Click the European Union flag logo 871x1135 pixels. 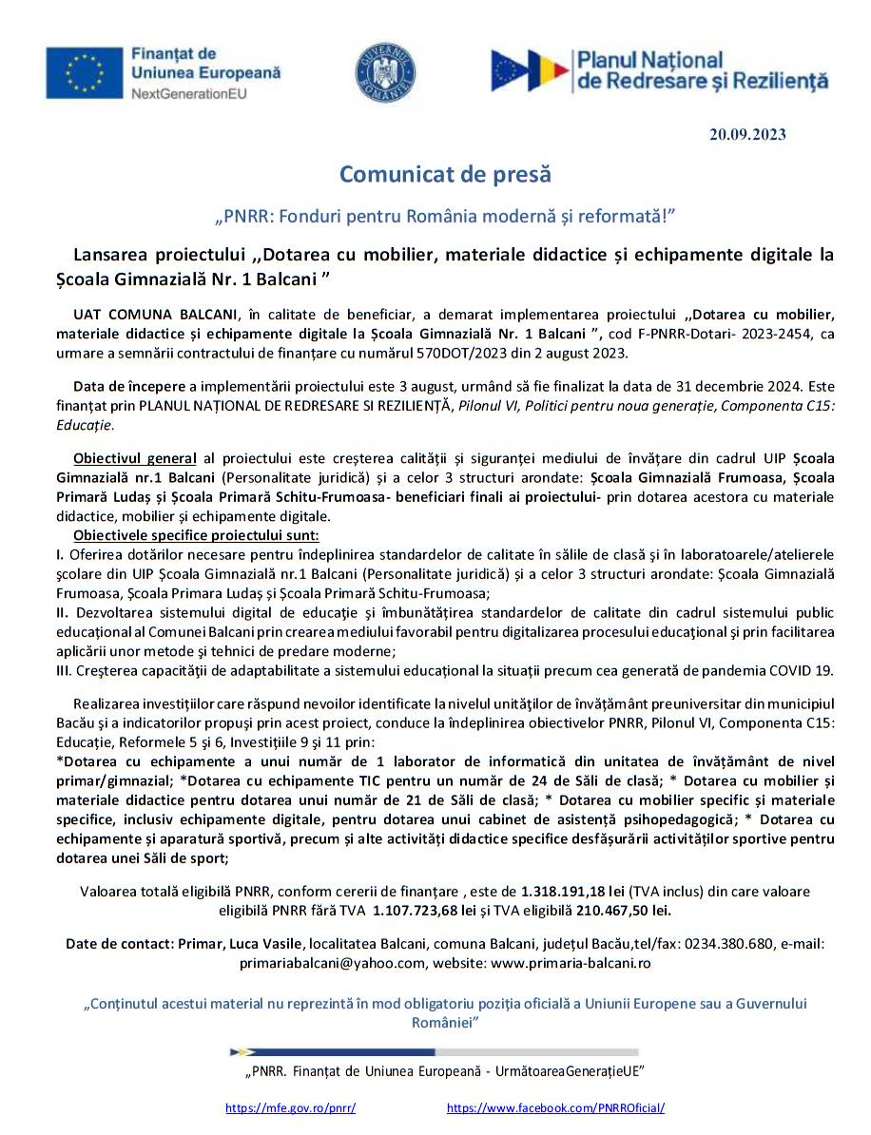pos(85,72)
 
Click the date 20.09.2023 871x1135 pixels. pos(747,134)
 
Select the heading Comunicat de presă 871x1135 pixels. pos(445,175)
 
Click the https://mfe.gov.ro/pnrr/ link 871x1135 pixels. pos(290,1108)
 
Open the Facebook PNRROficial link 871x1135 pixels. pos(555,1108)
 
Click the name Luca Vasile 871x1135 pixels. pos(268,944)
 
